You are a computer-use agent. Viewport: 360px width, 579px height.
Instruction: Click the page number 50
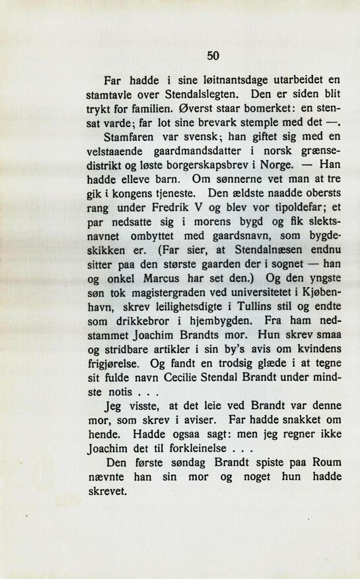(x=213, y=56)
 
